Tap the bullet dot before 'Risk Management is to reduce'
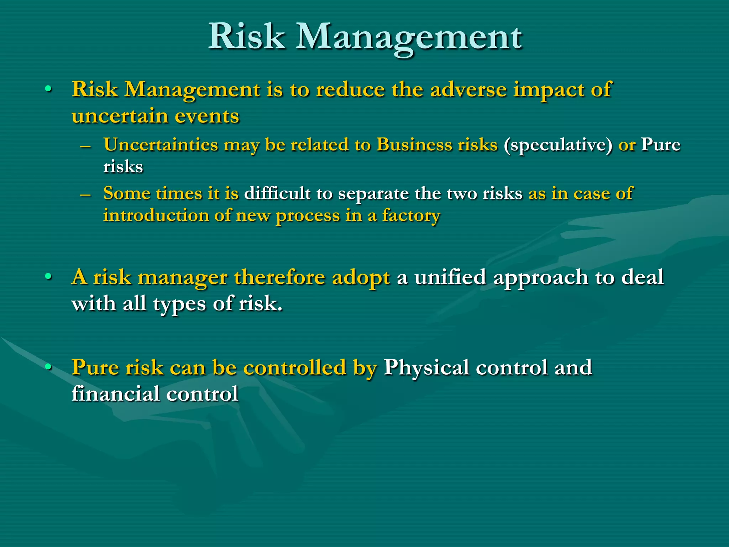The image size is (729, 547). tap(48, 89)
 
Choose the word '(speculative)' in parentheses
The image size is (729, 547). tap(558, 145)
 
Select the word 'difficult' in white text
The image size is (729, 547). tap(277, 193)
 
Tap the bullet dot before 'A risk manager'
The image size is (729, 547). tap(48, 277)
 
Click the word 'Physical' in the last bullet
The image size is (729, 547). tap(426, 367)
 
